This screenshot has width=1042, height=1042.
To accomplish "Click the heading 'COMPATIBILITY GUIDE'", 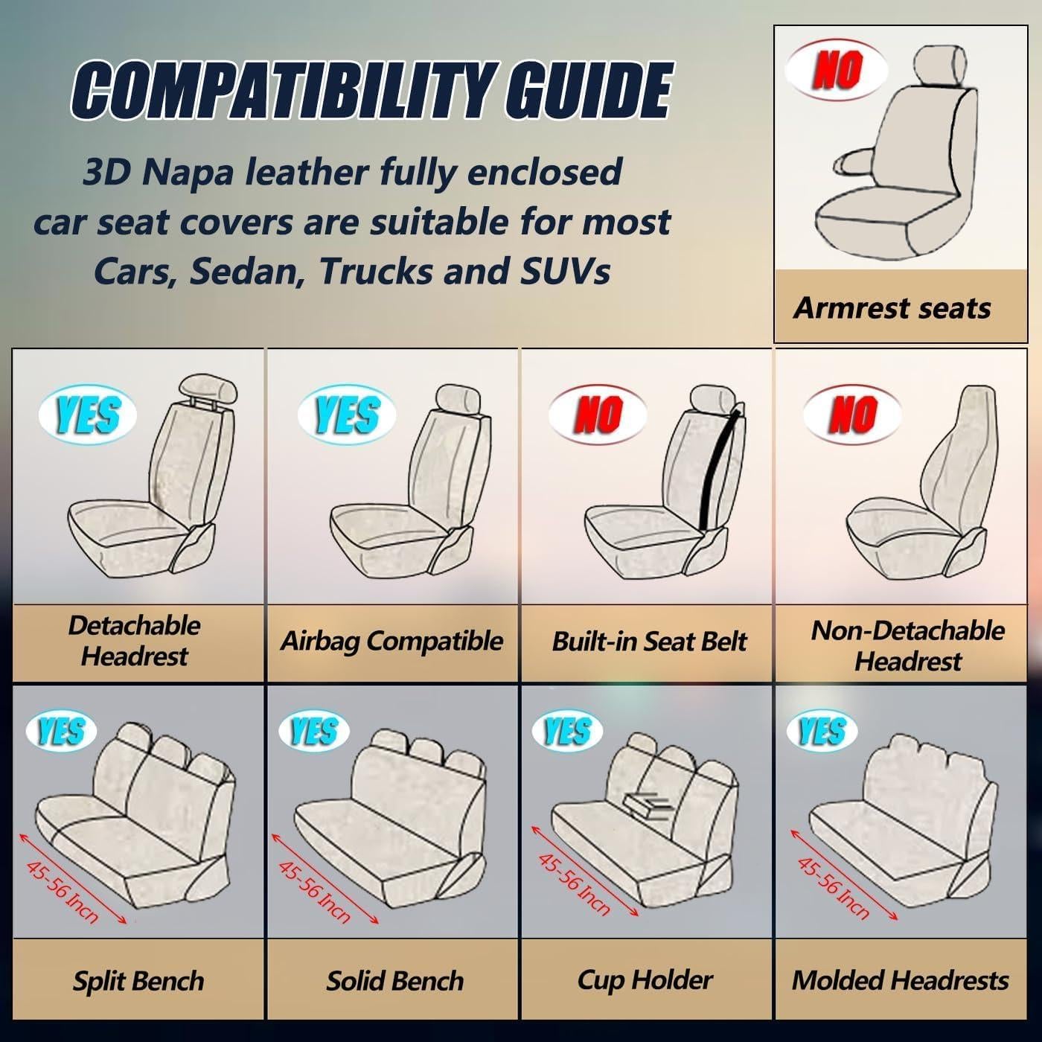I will pyautogui.click(x=371, y=91).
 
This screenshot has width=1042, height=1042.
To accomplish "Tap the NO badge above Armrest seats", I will pyautogui.click(x=837, y=70).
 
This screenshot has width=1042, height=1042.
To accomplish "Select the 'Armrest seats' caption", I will pyautogui.click(x=892, y=307).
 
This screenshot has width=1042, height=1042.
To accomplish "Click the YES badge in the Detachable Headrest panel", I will pyautogui.click(x=87, y=414).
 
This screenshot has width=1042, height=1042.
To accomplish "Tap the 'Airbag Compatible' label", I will pyautogui.click(x=391, y=641).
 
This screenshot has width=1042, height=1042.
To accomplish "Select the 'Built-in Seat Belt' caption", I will pyautogui.click(x=648, y=642).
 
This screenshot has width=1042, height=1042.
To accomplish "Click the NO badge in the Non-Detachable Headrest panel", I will pyautogui.click(x=851, y=414).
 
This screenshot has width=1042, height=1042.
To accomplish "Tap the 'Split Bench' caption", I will pyautogui.click(x=138, y=980).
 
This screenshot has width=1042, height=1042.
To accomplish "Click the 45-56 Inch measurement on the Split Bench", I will pyautogui.click(x=63, y=891).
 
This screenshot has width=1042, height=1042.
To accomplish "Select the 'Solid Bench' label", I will pyautogui.click(x=394, y=980).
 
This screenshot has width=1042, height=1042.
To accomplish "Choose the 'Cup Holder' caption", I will pyautogui.click(x=645, y=979).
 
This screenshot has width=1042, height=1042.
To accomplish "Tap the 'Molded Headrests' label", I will pyautogui.click(x=900, y=980).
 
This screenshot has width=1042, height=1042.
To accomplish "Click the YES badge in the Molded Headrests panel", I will pyautogui.click(x=822, y=731).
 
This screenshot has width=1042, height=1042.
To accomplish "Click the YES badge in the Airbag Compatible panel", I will pyautogui.click(x=346, y=414).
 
